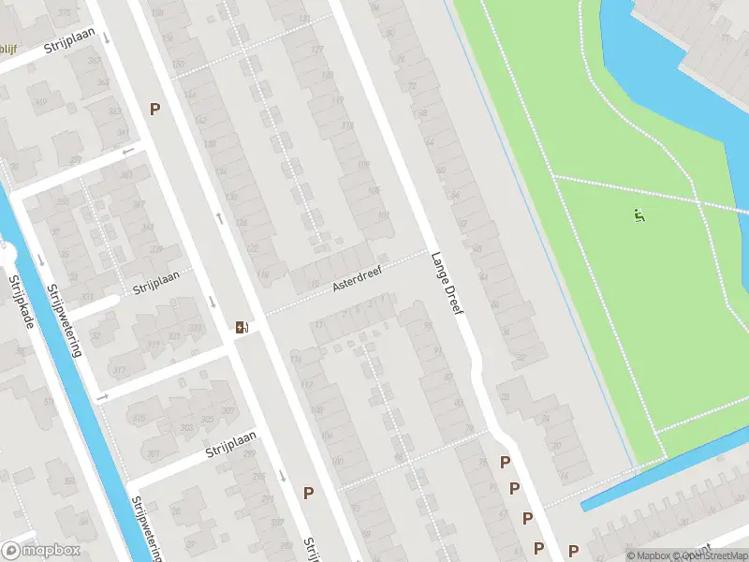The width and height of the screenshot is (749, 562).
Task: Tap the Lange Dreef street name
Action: pos(448,282)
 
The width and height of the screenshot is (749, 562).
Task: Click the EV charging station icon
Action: pos(242,327)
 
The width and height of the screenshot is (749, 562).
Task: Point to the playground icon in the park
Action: pos(639,216)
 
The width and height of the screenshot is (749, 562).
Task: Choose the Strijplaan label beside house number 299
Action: pos(230,445)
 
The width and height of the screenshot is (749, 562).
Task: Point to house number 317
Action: pos(120,371)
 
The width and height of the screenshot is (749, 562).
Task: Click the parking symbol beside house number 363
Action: pos(154,109)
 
